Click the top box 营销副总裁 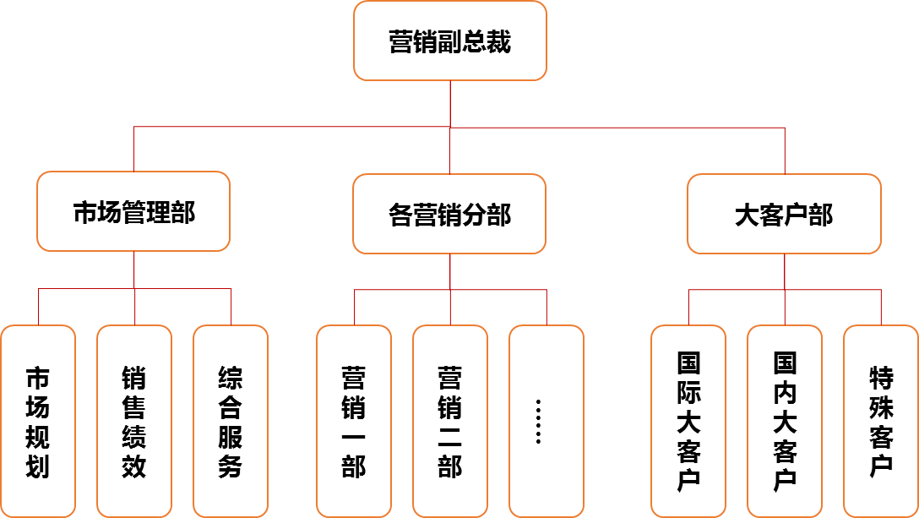point(449,41)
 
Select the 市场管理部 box point(133,212)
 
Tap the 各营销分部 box point(449,214)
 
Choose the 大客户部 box point(784,214)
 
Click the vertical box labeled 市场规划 point(38,421)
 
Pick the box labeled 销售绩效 point(134,421)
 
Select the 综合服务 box point(231,421)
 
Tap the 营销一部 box point(354,421)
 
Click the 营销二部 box point(450,421)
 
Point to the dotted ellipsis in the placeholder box point(538,421)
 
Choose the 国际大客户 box point(688,421)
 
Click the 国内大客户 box point(785,421)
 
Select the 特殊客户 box point(881,421)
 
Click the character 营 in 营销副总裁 point(400,41)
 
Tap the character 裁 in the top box point(498,41)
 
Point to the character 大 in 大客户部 point(748,215)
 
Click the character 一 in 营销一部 point(354,437)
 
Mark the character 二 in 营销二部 point(450,437)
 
